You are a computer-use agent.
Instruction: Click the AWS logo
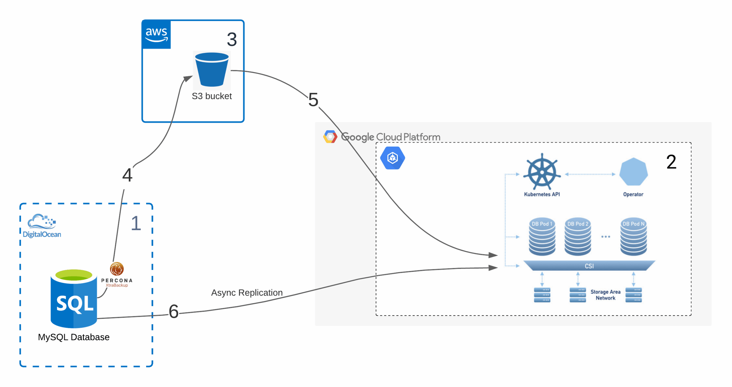[156, 34]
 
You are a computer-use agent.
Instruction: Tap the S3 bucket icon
[212, 70]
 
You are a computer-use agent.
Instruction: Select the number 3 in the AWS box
[232, 39]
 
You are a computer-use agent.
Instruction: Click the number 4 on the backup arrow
[127, 175]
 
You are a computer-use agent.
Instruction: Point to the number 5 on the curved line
[313, 100]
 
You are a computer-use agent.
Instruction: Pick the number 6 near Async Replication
[174, 311]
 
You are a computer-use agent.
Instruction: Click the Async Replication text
[246, 292]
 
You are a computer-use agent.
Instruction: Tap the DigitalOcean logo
[42, 226]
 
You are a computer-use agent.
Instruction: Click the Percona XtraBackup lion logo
[117, 269]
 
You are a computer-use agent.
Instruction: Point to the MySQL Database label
[74, 337]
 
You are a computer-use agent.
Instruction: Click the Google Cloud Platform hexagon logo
[330, 137]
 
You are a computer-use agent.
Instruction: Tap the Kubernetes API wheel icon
[542, 172]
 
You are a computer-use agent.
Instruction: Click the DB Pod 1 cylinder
[542, 237]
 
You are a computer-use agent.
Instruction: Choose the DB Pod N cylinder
[633, 237]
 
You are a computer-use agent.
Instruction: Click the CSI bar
[589, 266]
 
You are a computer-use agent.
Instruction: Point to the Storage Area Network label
[605, 295]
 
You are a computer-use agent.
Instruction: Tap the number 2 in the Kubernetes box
[671, 162]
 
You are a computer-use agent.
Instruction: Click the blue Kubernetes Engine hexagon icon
[392, 158]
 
